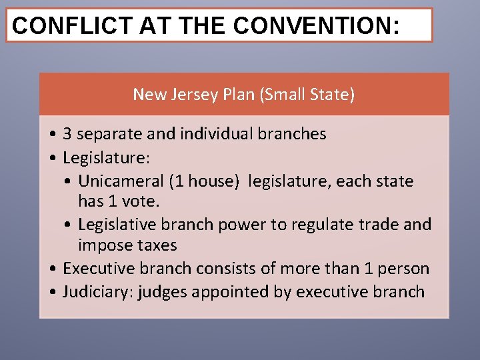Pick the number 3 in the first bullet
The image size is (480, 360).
[x=67, y=134]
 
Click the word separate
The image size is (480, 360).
[x=109, y=134]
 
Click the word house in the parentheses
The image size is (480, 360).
[x=212, y=181]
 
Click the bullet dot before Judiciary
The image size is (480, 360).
[x=52, y=292]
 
